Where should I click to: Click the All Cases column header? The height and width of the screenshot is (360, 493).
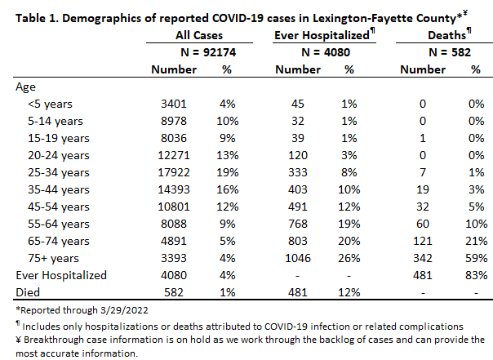point(199,35)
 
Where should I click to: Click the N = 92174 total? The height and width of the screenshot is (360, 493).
point(208,52)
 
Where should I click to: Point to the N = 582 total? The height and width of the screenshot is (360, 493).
point(450,52)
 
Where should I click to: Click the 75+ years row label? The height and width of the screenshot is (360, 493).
point(53,258)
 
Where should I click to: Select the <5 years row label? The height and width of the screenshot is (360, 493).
point(50,104)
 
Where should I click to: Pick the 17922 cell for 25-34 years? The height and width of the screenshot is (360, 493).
point(174,172)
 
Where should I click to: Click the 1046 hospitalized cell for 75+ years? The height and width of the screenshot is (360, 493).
point(298,258)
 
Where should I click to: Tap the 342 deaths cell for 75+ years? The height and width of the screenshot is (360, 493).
point(423,258)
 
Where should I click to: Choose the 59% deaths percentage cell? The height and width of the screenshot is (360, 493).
point(477,258)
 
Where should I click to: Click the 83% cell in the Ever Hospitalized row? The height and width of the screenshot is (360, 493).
point(477,275)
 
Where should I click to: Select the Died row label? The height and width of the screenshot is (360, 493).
point(28,292)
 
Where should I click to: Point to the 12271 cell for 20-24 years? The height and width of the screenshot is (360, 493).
point(174,155)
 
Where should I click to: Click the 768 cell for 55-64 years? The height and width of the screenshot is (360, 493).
point(298,224)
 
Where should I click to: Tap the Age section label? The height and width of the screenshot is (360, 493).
point(26,87)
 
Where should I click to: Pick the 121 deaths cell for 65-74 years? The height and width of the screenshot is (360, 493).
point(423,241)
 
